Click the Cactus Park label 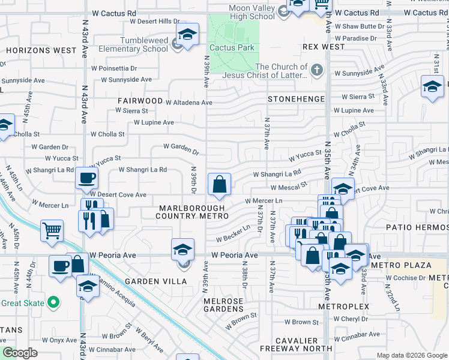232,47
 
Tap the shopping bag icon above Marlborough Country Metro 220,184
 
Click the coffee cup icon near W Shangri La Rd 87,178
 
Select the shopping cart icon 52,230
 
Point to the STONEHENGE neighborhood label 296,98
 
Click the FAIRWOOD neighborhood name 140,101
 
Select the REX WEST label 324,46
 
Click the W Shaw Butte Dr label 360,26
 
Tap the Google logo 20,353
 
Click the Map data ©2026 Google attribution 411,355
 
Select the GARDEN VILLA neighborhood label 149,281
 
